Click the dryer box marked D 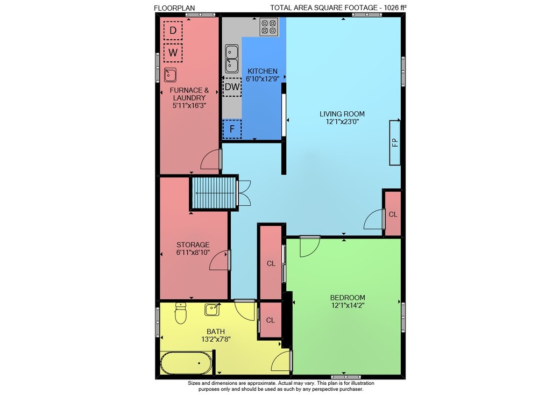tap(173, 31)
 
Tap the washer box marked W tap(173, 53)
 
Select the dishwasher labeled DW tap(232, 87)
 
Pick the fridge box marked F tap(232, 130)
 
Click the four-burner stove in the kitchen tap(268, 27)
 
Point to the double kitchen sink tap(232, 59)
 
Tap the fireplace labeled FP tap(394, 142)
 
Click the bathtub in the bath tap(186, 363)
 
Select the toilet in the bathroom tap(180, 313)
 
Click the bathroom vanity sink tap(212, 309)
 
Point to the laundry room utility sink tap(170, 75)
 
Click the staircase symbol tap(214, 193)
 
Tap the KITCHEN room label tap(263, 71)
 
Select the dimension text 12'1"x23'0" tap(342, 121)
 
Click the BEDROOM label tap(348, 298)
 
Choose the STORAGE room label tap(193, 245)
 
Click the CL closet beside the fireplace tap(393, 214)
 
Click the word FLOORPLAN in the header tap(174, 8)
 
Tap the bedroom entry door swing tap(310, 246)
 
